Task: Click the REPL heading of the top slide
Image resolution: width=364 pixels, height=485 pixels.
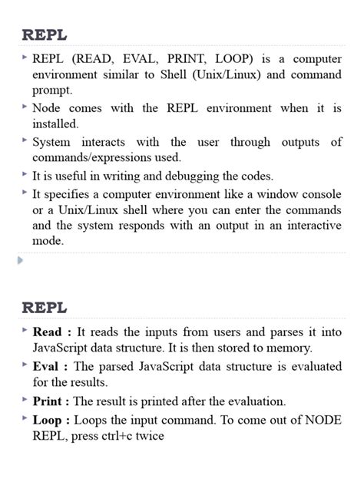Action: point(45,35)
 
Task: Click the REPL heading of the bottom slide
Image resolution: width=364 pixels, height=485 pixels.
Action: point(45,308)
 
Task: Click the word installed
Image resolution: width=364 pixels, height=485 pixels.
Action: point(55,124)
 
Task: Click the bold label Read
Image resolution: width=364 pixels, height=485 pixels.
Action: point(49,332)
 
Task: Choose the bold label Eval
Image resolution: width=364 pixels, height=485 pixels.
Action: point(48,366)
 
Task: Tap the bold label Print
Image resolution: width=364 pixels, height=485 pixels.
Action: point(49,401)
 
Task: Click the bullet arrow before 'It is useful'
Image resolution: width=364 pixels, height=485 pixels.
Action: point(25,175)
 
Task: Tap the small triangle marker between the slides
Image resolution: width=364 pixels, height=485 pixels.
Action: point(20,260)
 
